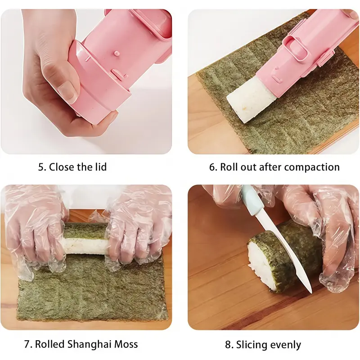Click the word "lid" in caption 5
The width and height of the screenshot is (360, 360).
coord(101,166)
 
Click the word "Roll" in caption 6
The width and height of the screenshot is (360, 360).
coord(229,167)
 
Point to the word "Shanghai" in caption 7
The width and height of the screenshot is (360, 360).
coord(89,344)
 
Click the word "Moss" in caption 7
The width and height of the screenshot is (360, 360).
coord(126,344)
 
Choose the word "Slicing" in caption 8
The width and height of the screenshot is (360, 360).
coord(252,345)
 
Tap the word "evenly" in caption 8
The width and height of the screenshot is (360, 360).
coord(285,345)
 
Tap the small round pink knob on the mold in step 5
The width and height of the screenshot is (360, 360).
coord(117,53)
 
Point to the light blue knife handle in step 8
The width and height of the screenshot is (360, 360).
coord(252,201)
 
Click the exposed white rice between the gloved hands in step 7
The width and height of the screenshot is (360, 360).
coord(85,245)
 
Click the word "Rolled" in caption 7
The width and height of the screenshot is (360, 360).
coord(49,344)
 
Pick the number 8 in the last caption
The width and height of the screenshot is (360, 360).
coord(228,345)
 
